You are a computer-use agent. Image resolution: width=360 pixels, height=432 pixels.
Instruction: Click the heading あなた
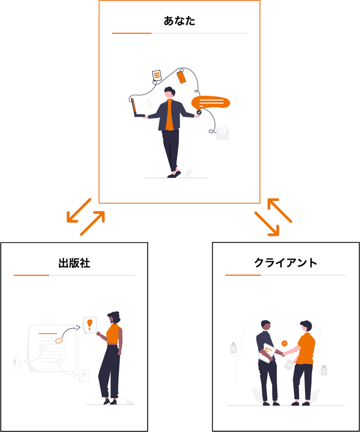179,21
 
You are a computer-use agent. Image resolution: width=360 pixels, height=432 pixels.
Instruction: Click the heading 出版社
74,263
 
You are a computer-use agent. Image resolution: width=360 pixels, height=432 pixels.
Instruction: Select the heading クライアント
286,263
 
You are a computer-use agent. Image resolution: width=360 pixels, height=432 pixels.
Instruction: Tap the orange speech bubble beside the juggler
211,102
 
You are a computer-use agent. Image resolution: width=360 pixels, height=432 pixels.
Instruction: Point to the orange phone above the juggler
181,77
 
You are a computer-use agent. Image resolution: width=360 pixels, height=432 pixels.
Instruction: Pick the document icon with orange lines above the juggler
157,75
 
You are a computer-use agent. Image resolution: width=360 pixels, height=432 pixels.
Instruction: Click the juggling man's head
169,92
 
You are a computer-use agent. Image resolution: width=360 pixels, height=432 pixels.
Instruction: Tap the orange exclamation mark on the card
89,324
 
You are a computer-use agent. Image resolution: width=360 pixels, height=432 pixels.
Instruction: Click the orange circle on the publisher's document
59,341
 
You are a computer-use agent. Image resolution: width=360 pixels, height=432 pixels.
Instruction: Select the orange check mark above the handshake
284,343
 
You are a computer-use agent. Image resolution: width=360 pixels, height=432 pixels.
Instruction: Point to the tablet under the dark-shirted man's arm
266,353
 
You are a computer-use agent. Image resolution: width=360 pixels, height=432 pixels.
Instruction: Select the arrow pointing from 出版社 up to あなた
92,223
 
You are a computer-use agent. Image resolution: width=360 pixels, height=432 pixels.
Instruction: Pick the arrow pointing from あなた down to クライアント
267,224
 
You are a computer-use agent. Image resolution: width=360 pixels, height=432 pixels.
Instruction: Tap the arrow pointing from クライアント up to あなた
279,211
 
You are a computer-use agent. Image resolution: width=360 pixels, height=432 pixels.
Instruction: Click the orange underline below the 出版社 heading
31,275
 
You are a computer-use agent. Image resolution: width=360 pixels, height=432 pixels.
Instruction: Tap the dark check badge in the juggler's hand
199,112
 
